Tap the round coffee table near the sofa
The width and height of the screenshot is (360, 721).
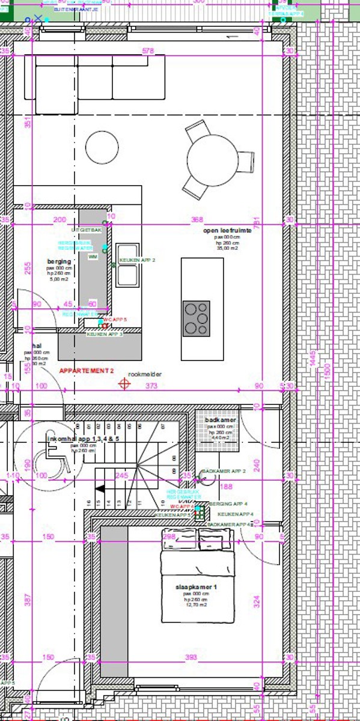(102, 147)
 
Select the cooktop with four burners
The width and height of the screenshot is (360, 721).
(196, 318)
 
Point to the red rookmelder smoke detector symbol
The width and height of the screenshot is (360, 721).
(125, 383)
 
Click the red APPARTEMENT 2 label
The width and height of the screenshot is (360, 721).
(86, 372)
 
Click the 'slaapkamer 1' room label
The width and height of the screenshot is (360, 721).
(196, 586)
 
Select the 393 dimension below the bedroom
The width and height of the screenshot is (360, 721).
(191, 657)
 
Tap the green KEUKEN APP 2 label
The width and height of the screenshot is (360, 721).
(137, 260)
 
